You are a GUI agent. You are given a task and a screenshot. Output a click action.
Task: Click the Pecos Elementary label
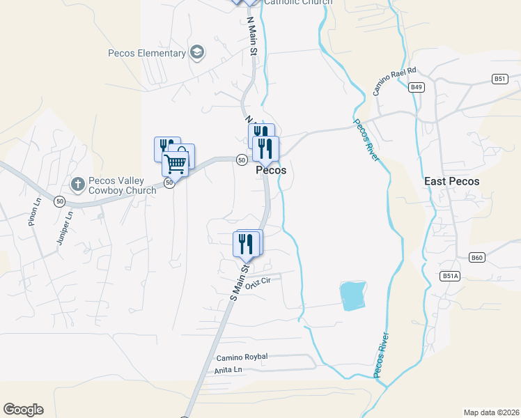click(x=147, y=53)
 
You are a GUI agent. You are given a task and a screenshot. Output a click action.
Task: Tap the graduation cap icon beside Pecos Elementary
click(x=197, y=52)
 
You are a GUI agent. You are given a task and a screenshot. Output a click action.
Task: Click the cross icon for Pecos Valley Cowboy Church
click(x=77, y=185)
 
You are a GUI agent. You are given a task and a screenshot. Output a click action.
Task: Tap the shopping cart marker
click(x=176, y=164)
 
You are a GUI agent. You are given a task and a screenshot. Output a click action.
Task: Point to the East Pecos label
click(x=452, y=181)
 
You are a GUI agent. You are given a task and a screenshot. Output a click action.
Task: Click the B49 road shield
click(x=417, y=87)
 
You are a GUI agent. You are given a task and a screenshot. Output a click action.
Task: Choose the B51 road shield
click(x=499, y=79)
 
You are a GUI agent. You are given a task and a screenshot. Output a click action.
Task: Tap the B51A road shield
click(x=450, y=276)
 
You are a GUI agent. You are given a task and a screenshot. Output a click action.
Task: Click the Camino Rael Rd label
click(x=394, y=82)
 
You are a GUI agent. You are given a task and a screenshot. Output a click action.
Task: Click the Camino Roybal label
click(x=241, y=357)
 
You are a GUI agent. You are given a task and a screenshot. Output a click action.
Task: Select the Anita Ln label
click(x=228, y=370)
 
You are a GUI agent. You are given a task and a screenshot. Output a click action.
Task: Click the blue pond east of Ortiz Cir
click(x=353, y=296)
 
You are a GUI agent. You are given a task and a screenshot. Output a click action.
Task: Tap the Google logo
click(x=23, y=410)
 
